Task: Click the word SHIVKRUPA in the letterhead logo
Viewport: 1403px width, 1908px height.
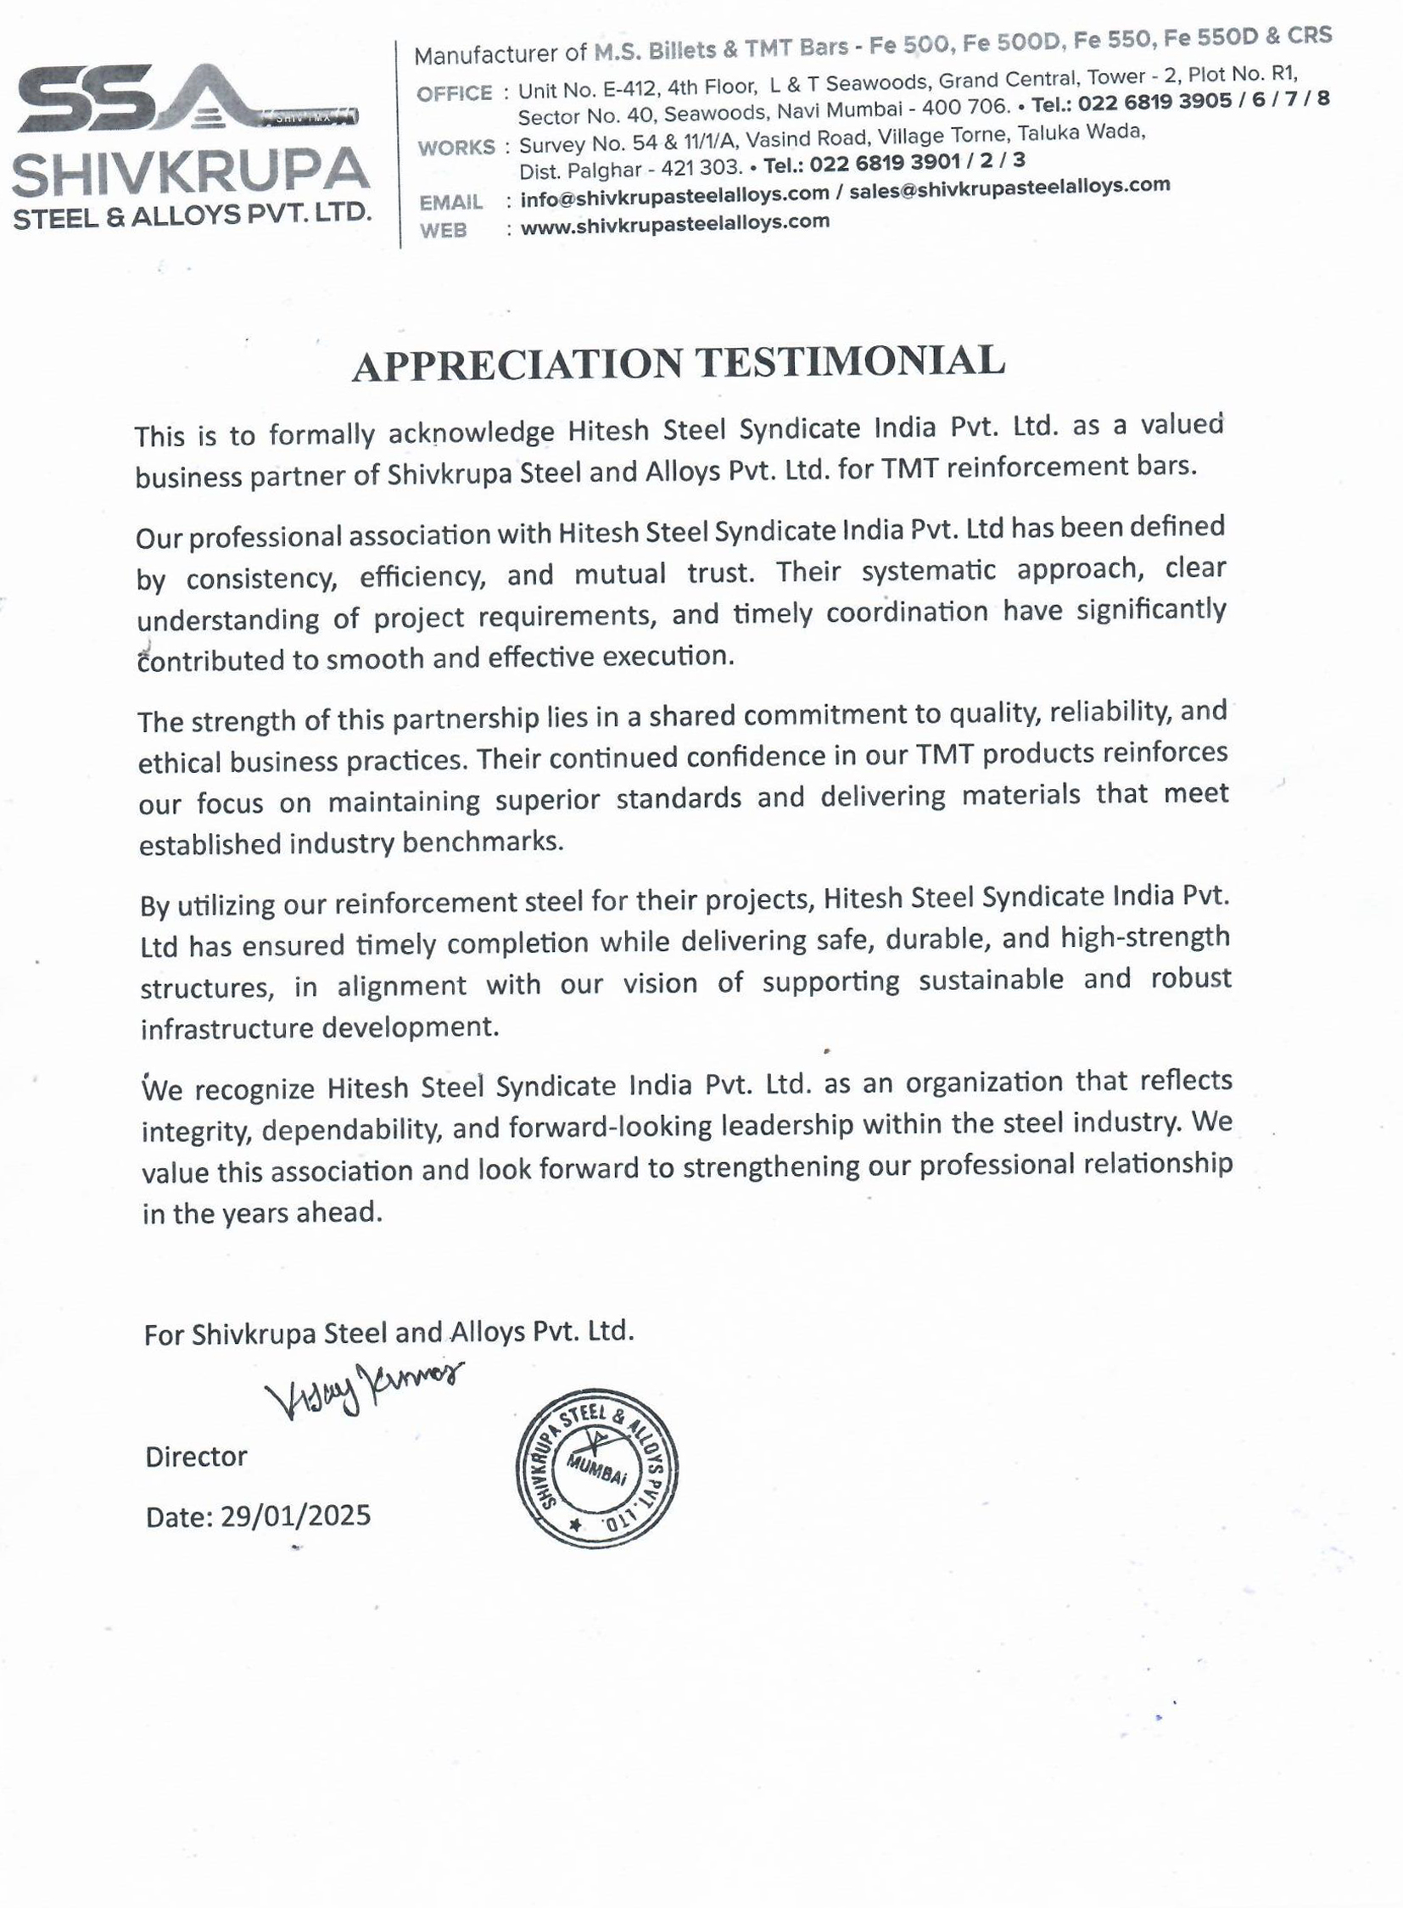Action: tap(190, 171)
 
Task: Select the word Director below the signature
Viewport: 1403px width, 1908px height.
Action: tap(196, 1456)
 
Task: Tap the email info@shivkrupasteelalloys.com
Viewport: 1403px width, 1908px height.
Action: tap(674, 194)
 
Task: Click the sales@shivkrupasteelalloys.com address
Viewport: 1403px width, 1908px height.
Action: tap(1009, 187)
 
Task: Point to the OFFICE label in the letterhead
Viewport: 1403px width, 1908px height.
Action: tap(455, 93)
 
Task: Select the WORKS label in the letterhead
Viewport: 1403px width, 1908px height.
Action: tap(456, 148)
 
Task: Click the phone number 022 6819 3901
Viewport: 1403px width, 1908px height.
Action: tap(885, 163)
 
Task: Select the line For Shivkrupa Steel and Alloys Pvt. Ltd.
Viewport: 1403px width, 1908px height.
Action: tap(389, 1331)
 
